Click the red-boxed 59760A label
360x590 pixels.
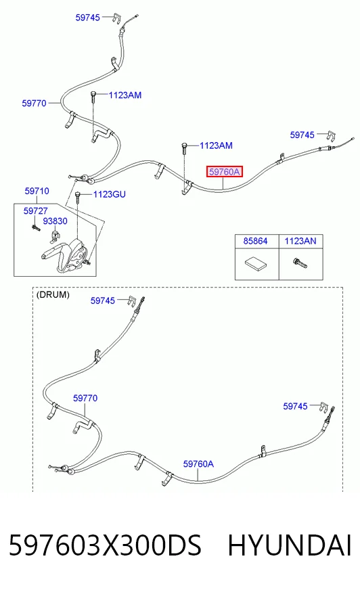tap(224, 172)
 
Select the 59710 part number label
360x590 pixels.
tap(37, 191)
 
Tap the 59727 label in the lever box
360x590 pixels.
tap(35, 210)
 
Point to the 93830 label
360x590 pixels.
tap(55, 221)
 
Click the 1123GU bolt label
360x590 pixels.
tap(110, 195)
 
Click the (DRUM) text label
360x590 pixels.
tap(53, 294)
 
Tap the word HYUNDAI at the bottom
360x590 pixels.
tap(290, 545)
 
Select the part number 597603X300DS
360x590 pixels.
tap(105, 545)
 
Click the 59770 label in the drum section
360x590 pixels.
tap(85, 398)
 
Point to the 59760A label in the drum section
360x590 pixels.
tap(198, 464)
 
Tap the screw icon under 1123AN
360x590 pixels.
tap(300, 263)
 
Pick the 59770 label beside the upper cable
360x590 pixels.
tap(35, 104)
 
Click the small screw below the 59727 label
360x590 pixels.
tap(36, 227)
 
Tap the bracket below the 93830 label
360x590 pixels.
tap(55, 237)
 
